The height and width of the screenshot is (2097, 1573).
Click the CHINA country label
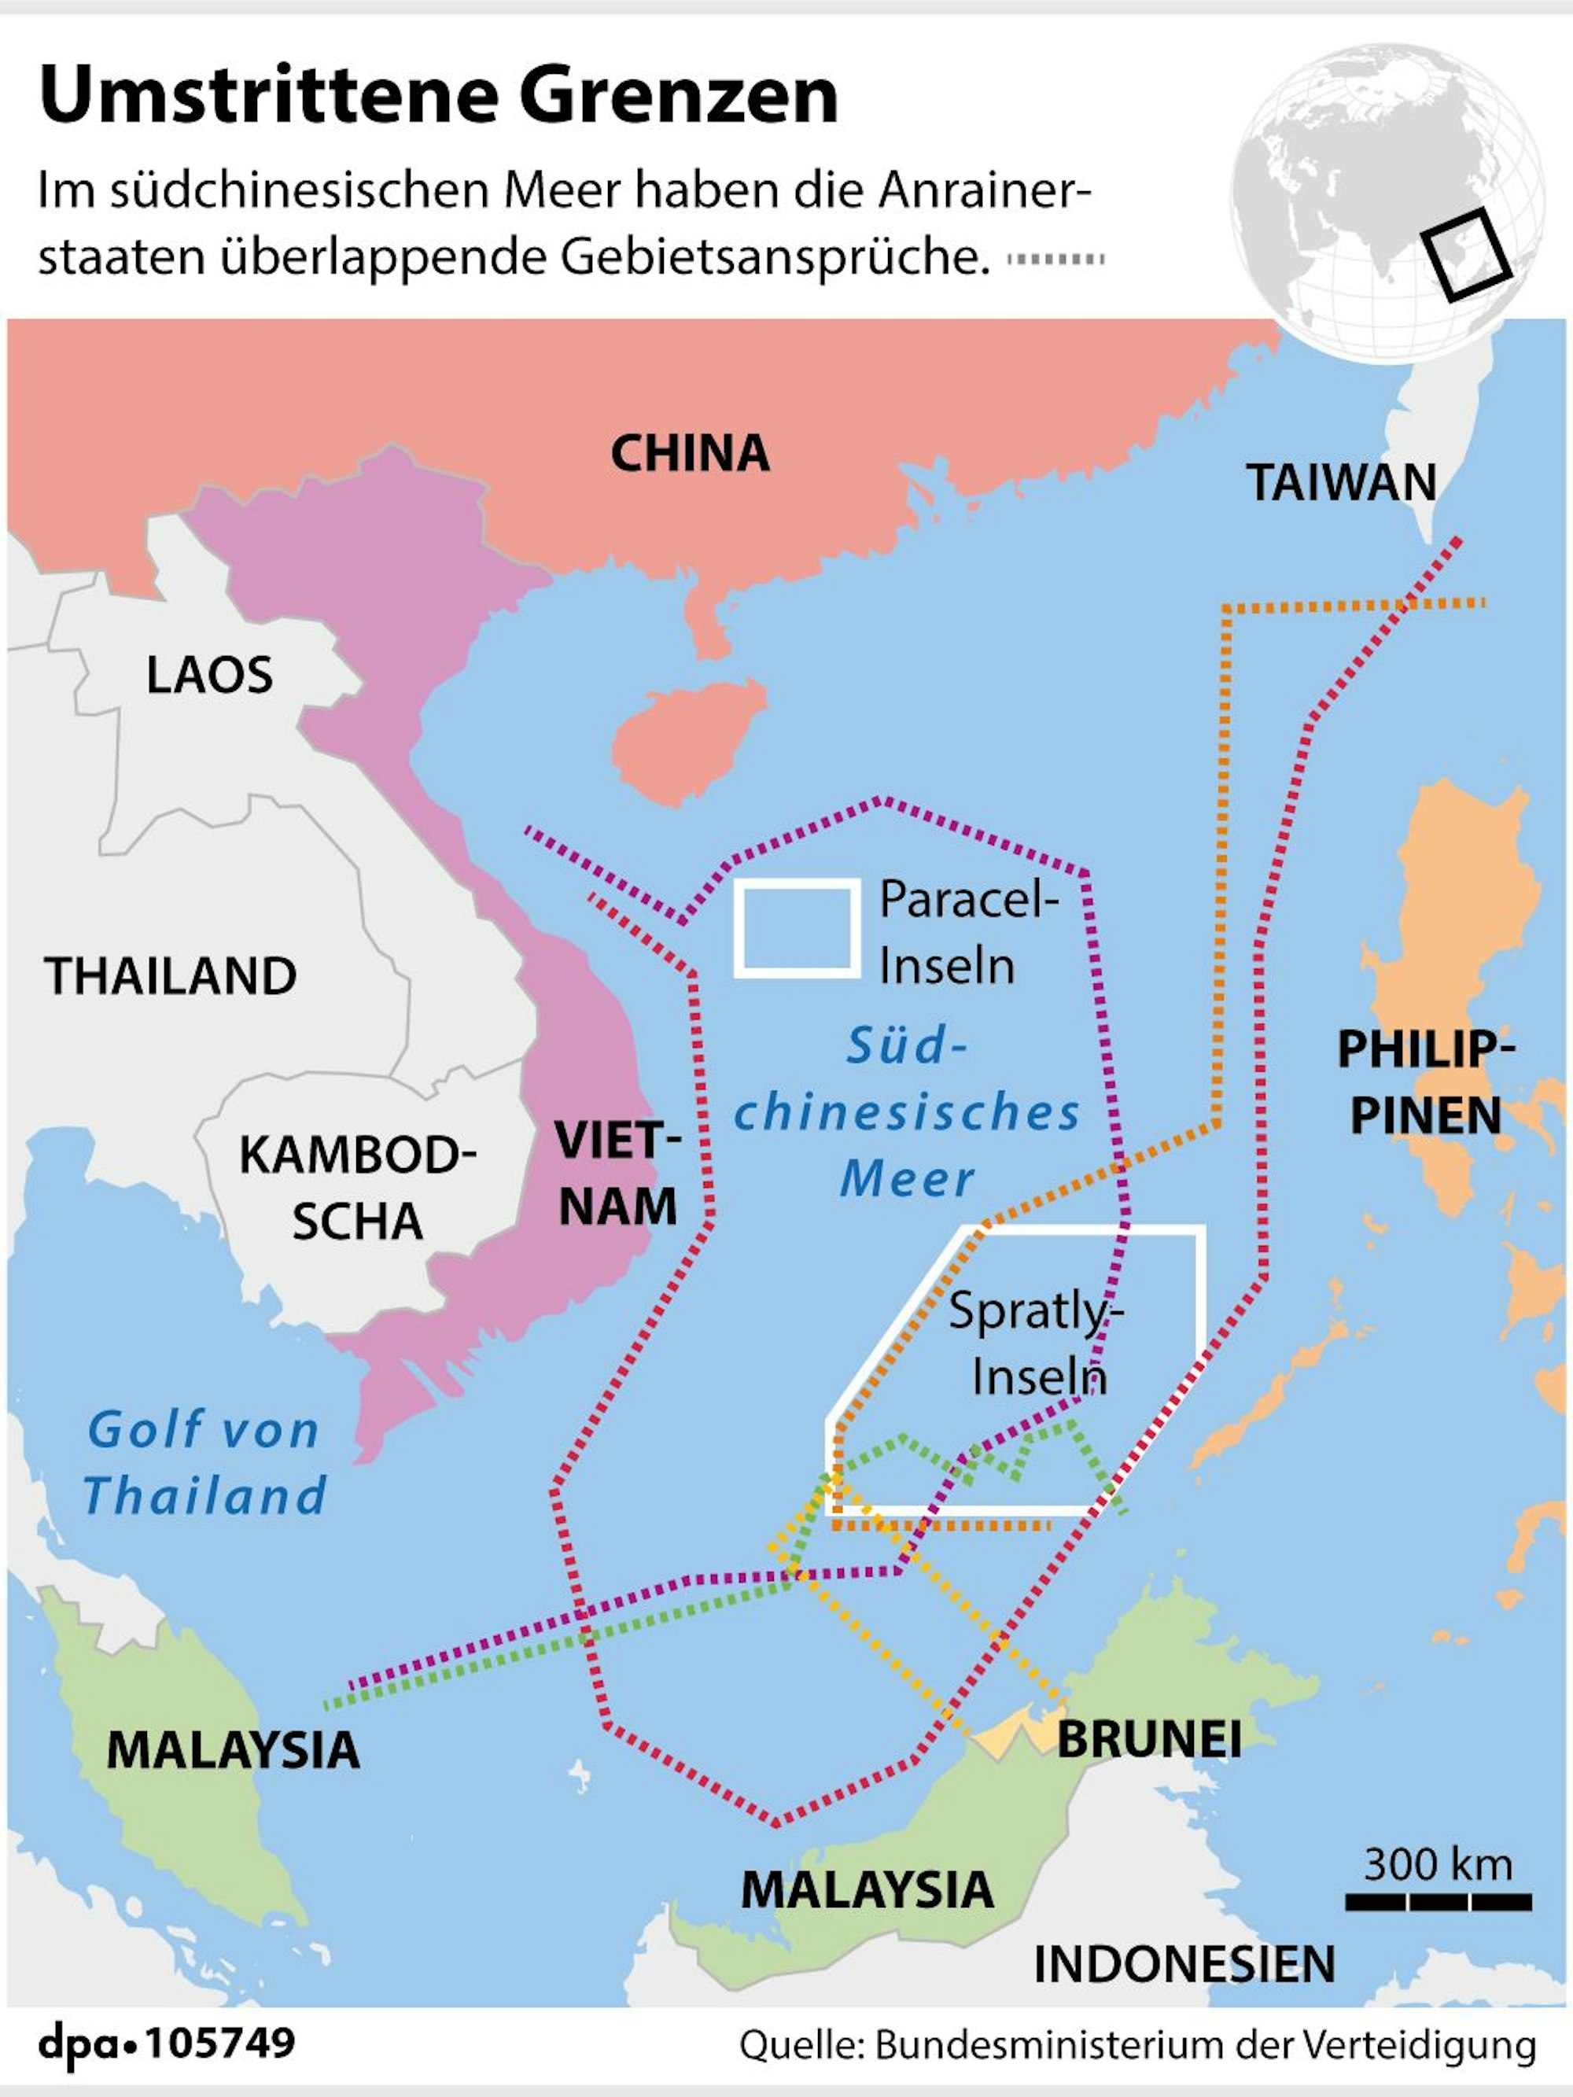pyautogui.click(x=689, y=453)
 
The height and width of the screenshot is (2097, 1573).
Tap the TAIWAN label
pyautogui.click(x=1341, y=482)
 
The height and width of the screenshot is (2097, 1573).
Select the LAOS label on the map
pyautogui.click(x=209, y=676)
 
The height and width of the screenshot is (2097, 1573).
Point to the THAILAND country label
pyautogui.click(x=171, y=976)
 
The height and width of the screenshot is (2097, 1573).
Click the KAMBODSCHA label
pyautogui.click(x=356, y=1188)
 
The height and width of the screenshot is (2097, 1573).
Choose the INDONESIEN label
pyautogui.click(x=1184, y=1963)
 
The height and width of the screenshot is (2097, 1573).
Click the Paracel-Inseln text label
pyautogui.click(x=967, y=932)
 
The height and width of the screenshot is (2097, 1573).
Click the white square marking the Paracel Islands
pyautogui.click(x=798, y=928)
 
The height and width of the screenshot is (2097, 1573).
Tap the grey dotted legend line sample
pyautogui.click(x=1055, y=259)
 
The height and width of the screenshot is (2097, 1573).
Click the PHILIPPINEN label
pyautogui.click(x=1425, y=1082)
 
